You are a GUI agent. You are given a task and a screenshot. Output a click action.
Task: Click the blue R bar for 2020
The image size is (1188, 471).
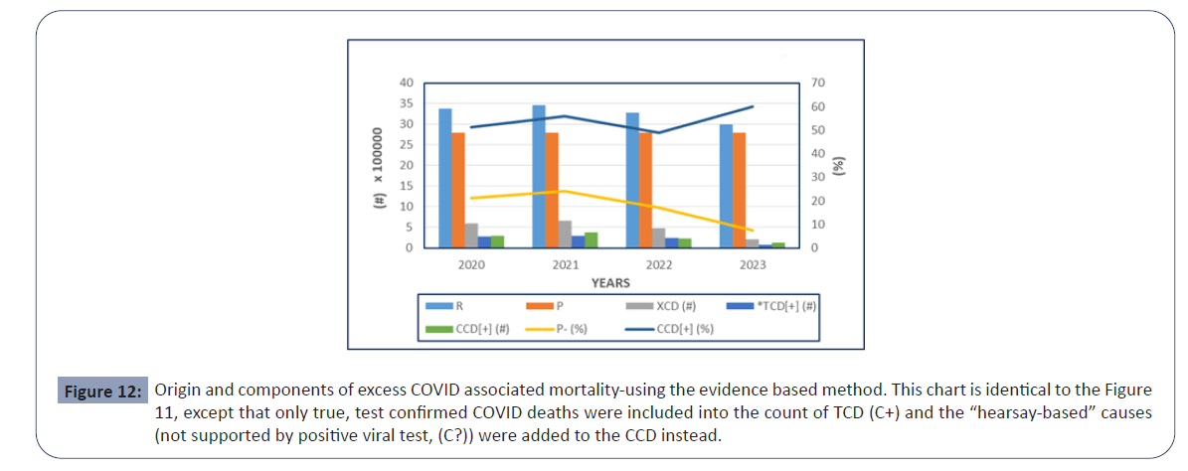pos(445,178)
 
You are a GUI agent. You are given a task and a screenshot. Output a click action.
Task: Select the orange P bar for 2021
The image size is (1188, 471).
pos(552,190)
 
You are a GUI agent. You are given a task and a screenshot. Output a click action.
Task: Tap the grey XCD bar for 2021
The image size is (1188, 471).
pos(565,235)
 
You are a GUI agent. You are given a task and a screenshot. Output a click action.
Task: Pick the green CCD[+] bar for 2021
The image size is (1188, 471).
pos(591,239)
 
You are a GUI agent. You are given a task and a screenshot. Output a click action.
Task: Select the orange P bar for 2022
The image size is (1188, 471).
pos(645,190)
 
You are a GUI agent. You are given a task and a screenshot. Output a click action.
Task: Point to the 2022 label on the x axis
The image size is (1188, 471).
pos(658,265)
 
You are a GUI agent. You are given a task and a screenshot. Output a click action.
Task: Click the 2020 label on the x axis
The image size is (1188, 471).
pos(471,265)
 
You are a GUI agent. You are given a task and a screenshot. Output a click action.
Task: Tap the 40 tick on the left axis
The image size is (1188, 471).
pos(408,82)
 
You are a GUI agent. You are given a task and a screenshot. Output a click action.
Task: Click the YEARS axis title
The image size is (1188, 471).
pos(610,283)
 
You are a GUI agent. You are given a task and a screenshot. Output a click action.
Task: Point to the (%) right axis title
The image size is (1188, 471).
pos(841,165)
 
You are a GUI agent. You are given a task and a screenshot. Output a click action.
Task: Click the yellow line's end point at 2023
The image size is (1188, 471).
pos(753,231)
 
